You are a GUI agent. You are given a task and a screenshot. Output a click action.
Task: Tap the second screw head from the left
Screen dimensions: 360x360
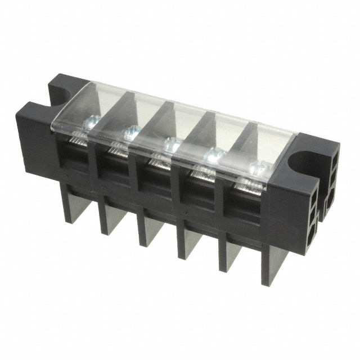130,133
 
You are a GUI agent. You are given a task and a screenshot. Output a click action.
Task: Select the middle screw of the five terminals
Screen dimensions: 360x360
172,144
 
